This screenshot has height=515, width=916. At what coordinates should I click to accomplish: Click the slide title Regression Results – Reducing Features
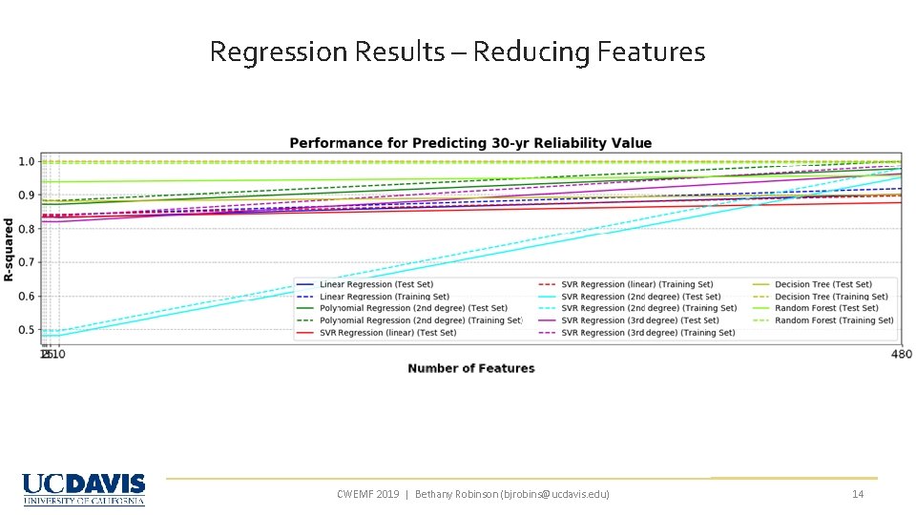pos(457,51)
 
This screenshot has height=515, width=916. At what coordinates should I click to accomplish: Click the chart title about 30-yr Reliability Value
pos(470,143)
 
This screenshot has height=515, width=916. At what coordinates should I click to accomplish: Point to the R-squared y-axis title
pos(9,249)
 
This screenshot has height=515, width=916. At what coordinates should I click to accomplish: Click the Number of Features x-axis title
pos(470,368)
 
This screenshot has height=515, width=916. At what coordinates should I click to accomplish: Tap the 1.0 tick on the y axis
pos(28,161)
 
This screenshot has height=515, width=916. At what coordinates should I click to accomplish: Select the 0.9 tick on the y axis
pos(28,196)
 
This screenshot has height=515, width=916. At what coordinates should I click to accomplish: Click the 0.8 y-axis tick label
pos(28,229)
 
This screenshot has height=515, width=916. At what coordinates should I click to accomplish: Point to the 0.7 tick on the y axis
pos(28,262)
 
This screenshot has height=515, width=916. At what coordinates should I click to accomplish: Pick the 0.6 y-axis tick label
pos(28,297)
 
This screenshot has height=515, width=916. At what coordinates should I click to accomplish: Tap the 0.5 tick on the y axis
pos(28,330)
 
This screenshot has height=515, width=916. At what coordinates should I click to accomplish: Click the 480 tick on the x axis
pos(901,355)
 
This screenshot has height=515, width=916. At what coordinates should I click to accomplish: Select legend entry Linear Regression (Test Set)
pos(376,284)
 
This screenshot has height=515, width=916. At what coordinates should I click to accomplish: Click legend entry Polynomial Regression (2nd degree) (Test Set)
pos(413,308)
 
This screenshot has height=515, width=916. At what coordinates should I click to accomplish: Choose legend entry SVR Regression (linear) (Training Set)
pos(636,284)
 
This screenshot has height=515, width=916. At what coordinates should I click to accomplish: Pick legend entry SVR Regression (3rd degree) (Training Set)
pos(648,333)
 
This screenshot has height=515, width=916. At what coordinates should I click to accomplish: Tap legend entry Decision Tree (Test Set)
pos(822,284)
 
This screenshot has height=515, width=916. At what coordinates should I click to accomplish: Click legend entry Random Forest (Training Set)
pos(834,320)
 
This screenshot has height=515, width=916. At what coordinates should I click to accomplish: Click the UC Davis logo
pos(84,488)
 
